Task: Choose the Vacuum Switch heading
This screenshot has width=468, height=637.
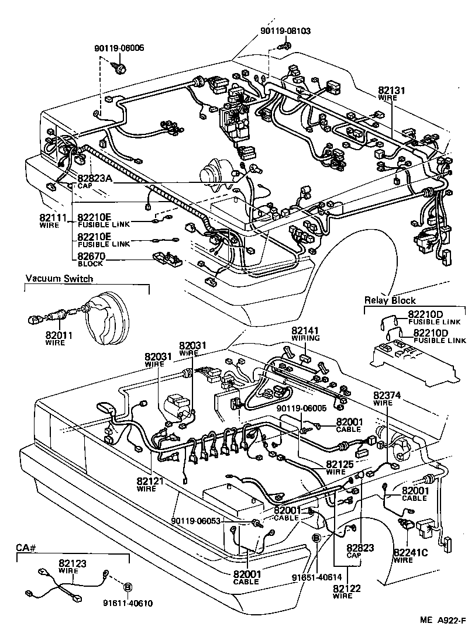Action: tap(58, 279)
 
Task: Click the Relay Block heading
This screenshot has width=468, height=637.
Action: tap(390, 300)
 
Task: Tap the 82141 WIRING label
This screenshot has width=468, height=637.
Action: tap(305, 334)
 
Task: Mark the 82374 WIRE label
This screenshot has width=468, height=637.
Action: tap(387, 399)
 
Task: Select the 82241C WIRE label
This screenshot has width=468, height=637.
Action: tap(412, 555)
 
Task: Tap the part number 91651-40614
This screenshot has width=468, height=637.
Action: tap(316, 576)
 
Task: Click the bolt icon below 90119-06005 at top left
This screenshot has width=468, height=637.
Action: tap(121, 68)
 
